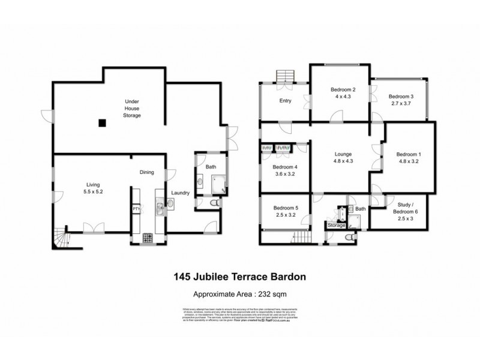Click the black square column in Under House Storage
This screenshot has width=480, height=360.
[103, 123]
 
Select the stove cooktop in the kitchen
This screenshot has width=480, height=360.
[148, 238]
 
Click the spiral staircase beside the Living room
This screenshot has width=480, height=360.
[61, 239]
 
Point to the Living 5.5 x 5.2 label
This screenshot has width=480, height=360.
[92, 188]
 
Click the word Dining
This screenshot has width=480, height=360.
[147, 172]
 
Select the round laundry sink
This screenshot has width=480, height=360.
[170, 204]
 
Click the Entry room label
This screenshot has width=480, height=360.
[286, 101]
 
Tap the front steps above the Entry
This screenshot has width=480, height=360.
[284, 76]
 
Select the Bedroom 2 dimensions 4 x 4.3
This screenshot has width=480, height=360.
[340, 97]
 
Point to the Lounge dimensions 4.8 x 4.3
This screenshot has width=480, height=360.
[343, 161]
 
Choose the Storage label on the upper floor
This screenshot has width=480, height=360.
[337, 225]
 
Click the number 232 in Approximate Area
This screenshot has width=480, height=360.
[266, 294]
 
